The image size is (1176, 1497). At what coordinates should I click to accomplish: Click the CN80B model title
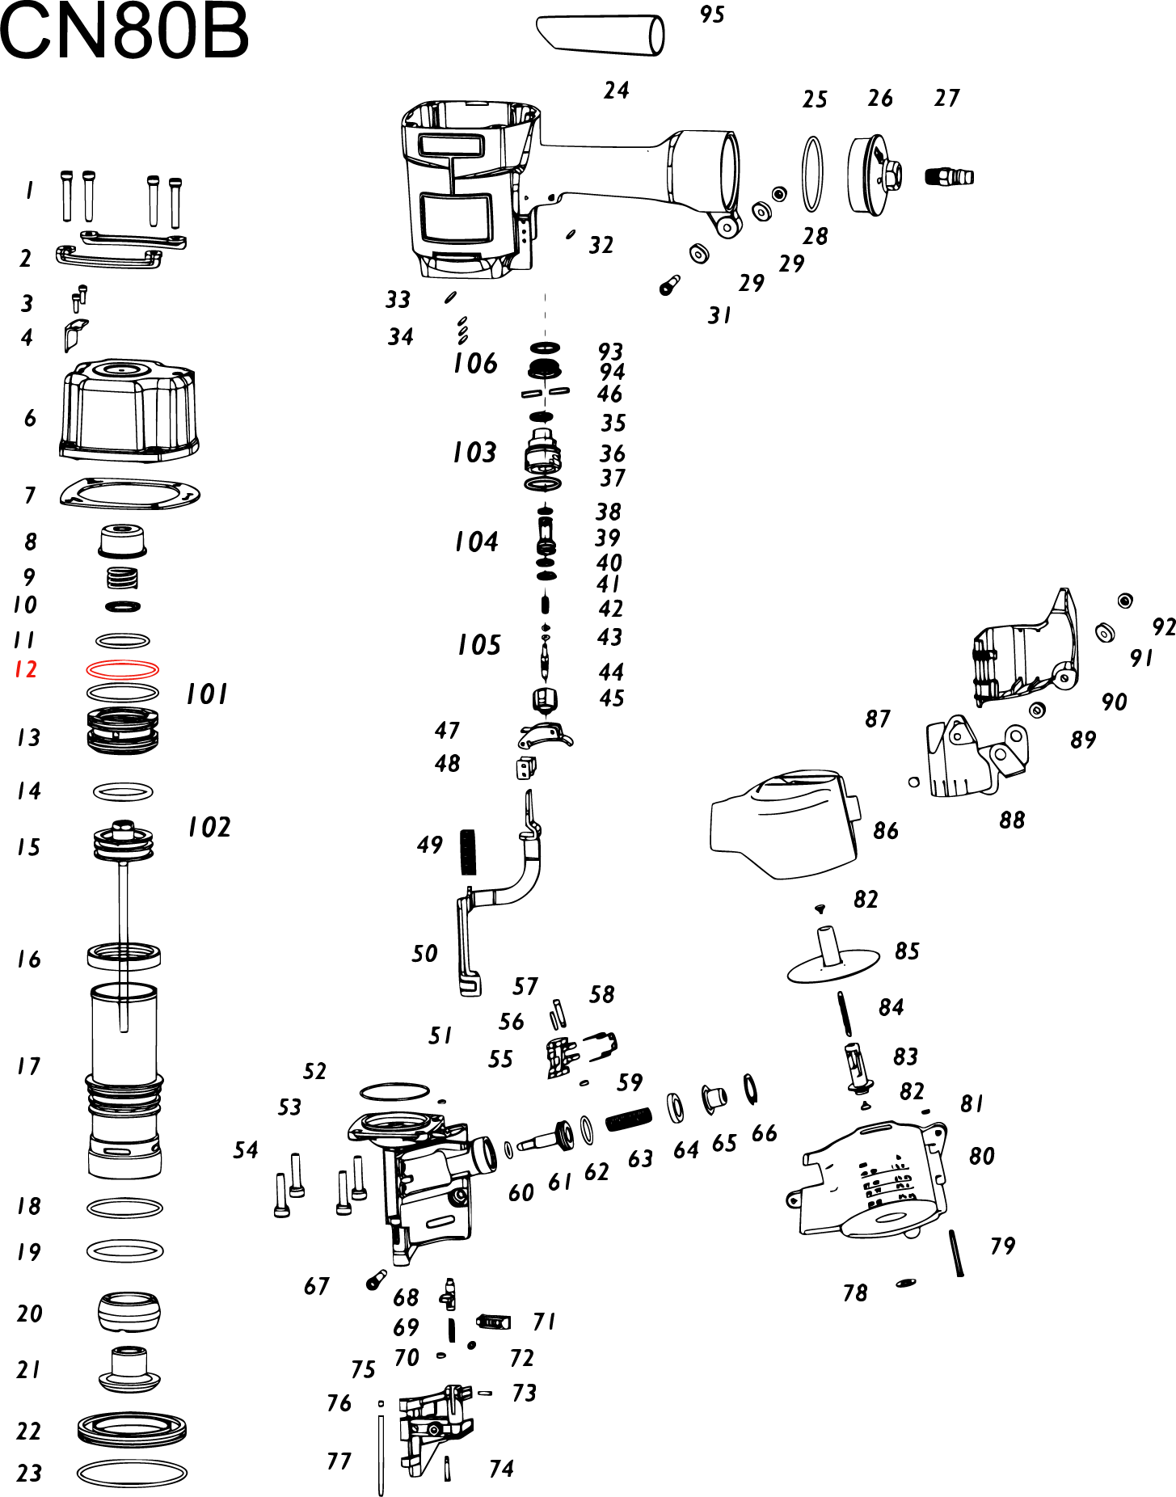click(124, 32)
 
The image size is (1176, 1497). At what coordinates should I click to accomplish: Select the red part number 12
click(26, 669)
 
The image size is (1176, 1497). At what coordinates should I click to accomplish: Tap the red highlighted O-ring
click(123, 669)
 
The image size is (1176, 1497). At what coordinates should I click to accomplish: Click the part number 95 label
click(712, 15)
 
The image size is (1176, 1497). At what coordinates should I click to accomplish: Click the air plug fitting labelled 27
click(949, 176)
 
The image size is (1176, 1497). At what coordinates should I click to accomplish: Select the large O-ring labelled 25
click(812, 174)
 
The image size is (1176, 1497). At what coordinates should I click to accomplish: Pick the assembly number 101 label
click(207, 694)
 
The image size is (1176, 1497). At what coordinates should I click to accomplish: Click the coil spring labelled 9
click(123, 578)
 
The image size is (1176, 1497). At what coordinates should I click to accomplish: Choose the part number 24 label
click(617, 90)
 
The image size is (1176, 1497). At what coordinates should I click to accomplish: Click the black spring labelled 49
click(468, 852)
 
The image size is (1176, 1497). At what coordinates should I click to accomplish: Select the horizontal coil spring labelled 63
click(628, 1119)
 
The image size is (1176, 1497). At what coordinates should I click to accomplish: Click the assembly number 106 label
click(475, 364)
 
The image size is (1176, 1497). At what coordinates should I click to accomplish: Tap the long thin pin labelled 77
click(381, 1451)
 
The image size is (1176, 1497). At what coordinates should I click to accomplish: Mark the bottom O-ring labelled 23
click(132, 1473)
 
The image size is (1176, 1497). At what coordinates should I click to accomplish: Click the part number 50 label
click(424, 954)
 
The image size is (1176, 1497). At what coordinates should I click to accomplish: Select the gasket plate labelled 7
click(129, 493)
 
